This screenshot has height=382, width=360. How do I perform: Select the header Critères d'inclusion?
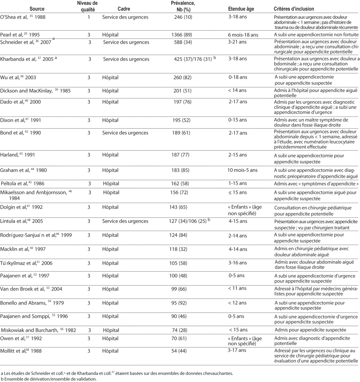point(294,9)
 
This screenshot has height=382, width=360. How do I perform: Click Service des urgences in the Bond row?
point(125,132)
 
